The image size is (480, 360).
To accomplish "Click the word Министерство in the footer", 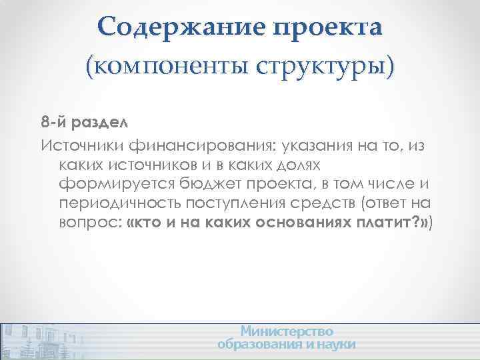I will [287, 331].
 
